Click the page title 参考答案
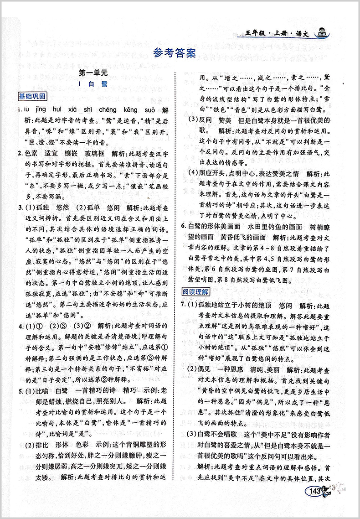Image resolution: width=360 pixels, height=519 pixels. [175, 54]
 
